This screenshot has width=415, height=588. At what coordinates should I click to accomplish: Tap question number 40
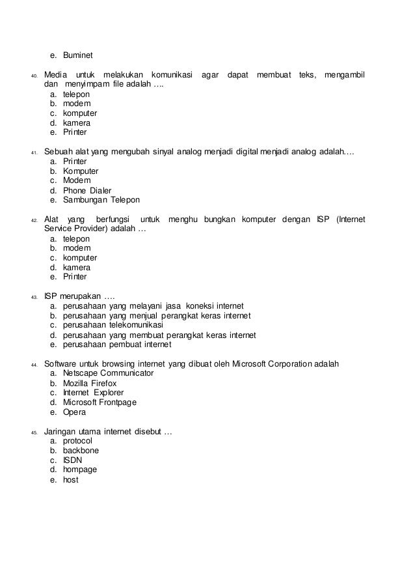click(33, 77)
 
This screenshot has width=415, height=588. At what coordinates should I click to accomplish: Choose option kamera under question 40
click(77, 122)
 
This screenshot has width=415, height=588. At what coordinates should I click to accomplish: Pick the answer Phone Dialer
click(87, 190)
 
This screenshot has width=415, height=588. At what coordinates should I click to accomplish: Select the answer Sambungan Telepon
click(101, 200)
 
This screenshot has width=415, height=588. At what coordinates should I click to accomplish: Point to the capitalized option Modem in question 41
click(77, 180)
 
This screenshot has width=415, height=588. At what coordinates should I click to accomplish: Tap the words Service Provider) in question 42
click(77, 229)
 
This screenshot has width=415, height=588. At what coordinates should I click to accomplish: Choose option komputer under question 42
click(80, 258)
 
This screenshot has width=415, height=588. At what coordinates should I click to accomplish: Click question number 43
click(33, 297)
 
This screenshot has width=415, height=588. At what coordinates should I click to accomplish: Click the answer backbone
click(81, 450)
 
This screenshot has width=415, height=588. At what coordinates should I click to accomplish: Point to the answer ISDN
click(73, 460)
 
